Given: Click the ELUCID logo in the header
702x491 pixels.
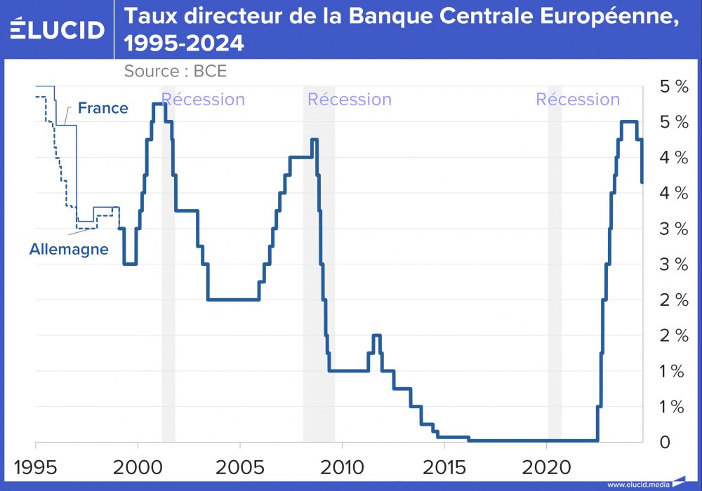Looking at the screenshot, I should [58, 29].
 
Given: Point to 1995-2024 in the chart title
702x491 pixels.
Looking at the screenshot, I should [184, 43].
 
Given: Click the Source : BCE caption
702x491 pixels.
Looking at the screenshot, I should [175, 71].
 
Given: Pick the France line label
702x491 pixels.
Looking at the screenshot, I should [102, 108].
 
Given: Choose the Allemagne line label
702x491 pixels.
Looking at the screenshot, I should [69, 249].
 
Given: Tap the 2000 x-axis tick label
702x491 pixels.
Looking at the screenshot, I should [138, 466].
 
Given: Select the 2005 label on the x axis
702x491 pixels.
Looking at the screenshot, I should [240, 466].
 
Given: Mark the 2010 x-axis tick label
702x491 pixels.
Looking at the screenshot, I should [342, 466].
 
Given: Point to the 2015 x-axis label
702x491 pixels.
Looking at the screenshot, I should [444, 466].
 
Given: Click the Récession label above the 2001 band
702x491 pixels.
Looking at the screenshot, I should [203, 100].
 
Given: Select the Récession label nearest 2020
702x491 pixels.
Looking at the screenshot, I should [578, 100].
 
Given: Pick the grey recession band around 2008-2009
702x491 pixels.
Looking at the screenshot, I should [319, 281].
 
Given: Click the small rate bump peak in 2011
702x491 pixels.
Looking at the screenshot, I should [376, 335].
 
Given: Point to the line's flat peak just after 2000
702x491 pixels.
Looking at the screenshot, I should [159, 104].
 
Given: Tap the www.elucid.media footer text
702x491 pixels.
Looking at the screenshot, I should [637, 484].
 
